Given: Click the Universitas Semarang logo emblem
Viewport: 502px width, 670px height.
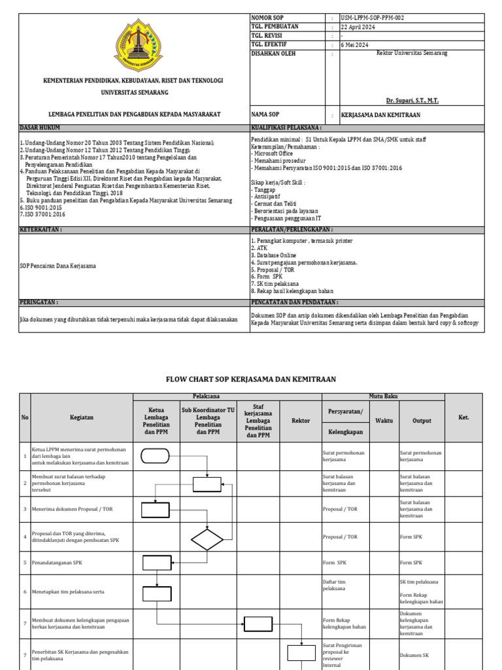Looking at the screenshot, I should [x=137, y=45].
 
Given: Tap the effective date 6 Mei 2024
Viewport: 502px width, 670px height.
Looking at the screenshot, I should [x=356, y=45].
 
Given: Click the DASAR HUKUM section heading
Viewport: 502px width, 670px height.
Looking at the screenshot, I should [x=39, y=128].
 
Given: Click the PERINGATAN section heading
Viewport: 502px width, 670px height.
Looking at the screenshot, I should [x=39, y=303].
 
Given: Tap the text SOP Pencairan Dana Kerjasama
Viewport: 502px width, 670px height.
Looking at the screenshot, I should [x=58, y=266].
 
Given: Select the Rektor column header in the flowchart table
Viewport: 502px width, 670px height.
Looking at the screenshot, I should [x=300, y=421].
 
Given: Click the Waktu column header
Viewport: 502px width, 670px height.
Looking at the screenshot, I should [x=384, y=421].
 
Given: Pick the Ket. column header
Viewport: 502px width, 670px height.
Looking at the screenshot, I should [x=463, y=417].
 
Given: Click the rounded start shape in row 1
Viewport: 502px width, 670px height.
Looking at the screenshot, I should [x=156, y=456].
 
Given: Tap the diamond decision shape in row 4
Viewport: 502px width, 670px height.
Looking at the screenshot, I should [x=207, y=539].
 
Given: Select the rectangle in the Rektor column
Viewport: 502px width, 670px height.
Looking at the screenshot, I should [x=301, y=652].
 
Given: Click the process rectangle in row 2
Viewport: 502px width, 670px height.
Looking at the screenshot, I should [x=207, y=484].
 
